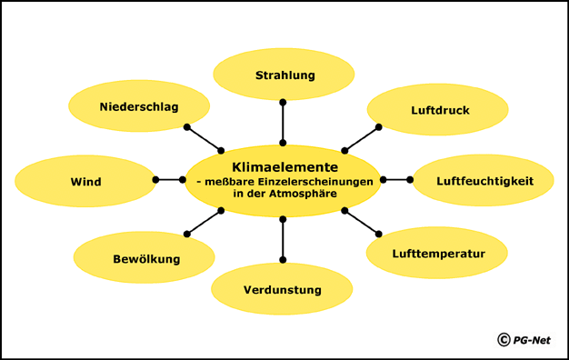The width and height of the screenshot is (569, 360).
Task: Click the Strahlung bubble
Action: point(284,75)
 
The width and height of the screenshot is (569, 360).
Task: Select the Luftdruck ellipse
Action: point(438,110)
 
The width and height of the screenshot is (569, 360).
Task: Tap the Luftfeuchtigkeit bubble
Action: point(484,181)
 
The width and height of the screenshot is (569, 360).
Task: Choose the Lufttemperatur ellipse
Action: point(437,254)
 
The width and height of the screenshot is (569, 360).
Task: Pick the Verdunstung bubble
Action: point(283,290)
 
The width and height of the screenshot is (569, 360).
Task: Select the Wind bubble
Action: point(85,182)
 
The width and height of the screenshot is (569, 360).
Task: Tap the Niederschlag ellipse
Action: point(138,107)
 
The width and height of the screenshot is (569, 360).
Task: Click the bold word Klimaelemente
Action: point(284,167)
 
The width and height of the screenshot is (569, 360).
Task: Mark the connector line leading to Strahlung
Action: point(284,122)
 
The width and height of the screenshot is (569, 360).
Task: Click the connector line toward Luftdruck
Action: point(361,139)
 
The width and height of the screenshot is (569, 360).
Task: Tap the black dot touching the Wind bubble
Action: point(156,180)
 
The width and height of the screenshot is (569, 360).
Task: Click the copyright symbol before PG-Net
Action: point(503,340)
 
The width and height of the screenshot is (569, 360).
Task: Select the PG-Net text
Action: point(532,340)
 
